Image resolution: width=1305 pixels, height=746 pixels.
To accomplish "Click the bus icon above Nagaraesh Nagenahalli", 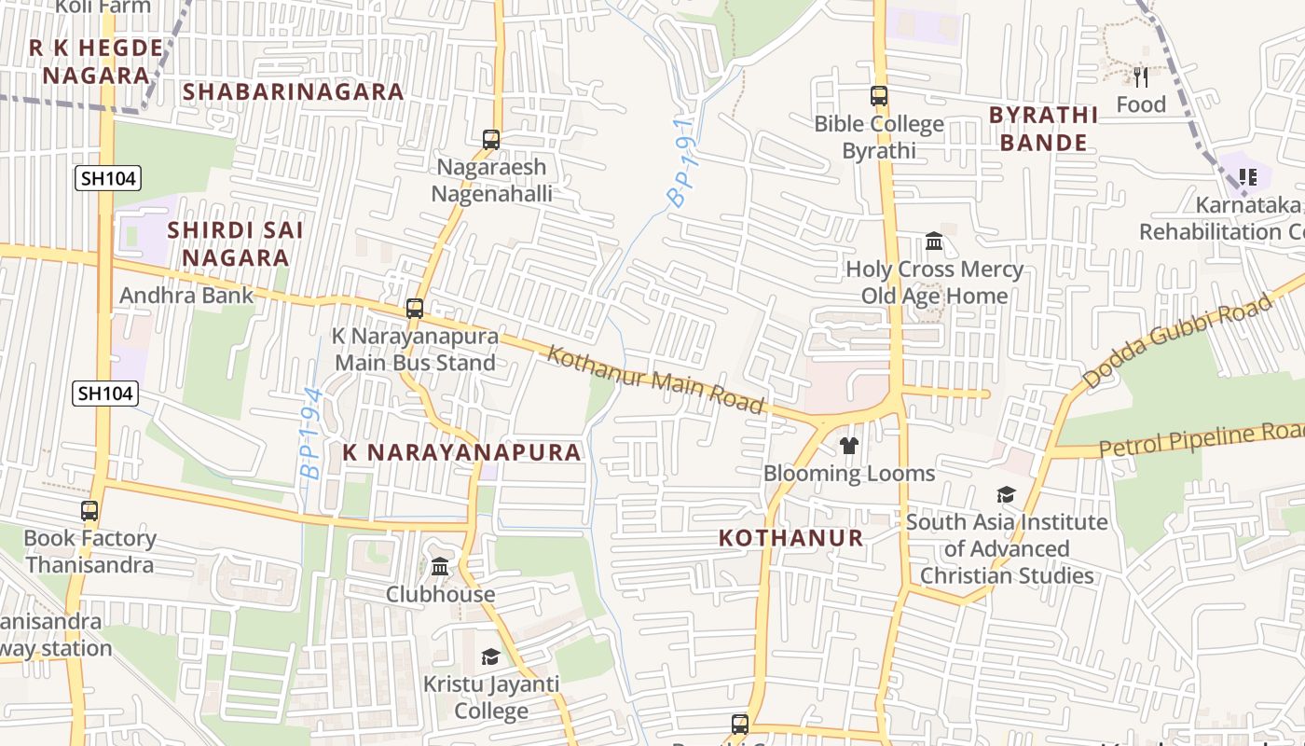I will pos(491,140).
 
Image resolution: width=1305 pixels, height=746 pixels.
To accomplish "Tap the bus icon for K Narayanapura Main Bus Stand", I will pos(415,309).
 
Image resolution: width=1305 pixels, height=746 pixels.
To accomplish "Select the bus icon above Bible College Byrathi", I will pos(879,96).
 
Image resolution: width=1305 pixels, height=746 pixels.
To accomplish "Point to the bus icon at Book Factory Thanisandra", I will pos(89,511).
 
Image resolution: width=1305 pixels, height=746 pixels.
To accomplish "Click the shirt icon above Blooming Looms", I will pos(848,446).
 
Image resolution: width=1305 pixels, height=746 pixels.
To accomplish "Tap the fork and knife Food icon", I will pos(1141,76).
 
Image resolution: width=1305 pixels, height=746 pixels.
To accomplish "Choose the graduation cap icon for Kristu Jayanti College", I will pos(490,657).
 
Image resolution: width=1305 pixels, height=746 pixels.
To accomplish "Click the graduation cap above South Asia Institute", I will pos(1006,494).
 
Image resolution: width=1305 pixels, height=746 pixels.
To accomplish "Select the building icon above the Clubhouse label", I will pos(440,566).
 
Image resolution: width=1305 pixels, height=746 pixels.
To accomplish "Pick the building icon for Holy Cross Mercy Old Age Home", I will pos(934,242).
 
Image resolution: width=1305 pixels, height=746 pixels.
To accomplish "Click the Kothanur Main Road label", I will pos(655,380).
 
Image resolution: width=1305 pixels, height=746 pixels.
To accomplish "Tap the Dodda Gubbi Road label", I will pos(1177,342).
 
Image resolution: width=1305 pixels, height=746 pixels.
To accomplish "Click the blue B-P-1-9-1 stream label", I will pos(682,162).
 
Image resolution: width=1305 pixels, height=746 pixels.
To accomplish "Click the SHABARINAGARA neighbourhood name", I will pos(294,91).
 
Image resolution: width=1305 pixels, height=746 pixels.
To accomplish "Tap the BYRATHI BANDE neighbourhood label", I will pos(1043,129).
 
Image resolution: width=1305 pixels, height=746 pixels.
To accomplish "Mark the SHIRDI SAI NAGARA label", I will pos(235,243).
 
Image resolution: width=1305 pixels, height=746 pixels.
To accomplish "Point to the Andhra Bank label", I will pos(186,296).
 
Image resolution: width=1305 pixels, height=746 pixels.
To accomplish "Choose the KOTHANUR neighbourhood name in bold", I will pos(791,538).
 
